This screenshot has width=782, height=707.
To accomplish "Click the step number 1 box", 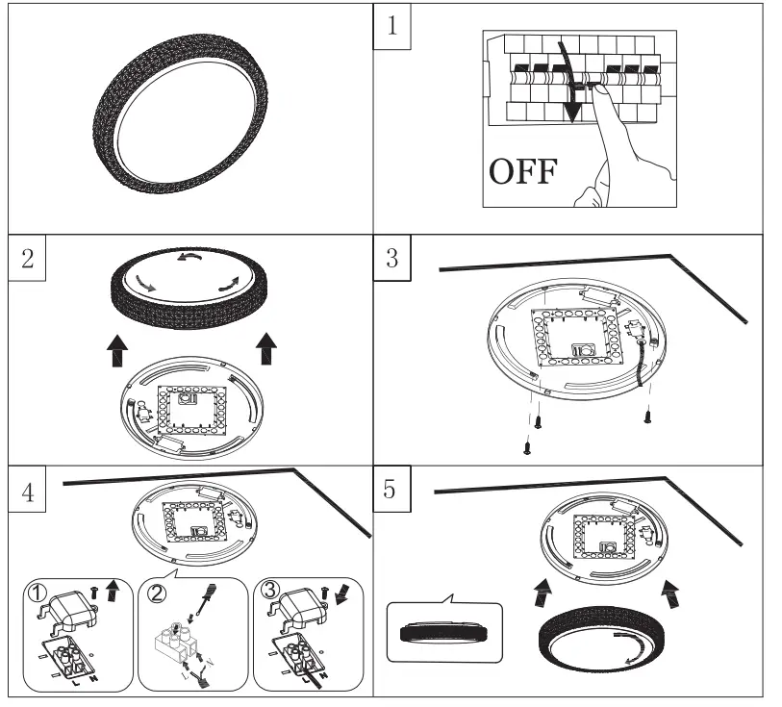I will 391,27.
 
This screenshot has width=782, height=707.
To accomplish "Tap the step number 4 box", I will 29,492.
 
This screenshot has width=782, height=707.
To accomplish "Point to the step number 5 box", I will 391,492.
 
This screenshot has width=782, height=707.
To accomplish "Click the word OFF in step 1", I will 523,172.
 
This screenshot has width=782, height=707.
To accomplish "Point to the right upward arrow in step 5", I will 667,588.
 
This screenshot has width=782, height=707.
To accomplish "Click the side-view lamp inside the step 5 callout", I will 443,635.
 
